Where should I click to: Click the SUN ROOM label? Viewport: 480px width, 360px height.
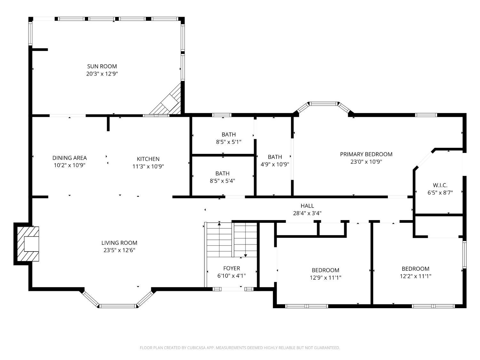click(x=102, y=66)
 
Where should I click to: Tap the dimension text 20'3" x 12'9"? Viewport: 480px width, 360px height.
click(x=102, y=74)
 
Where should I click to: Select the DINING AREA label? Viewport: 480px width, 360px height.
click(x=69, y=158)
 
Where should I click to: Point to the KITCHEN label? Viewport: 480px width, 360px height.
click(x=148, y=159)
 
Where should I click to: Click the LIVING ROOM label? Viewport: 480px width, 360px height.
click(x=119, y=243)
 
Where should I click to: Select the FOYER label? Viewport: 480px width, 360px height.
click(x=232, y=268)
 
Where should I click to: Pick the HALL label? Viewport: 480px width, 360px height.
click(x=307, y=206)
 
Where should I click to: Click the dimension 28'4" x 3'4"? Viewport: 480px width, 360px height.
click(x=307, y=213)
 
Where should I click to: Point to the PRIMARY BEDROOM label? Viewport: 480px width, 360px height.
click(x=366, y=154)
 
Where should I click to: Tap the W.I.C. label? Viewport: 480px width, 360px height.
click(x=440, y=185)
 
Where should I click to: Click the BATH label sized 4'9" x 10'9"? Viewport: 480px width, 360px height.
click(x=275, y=157)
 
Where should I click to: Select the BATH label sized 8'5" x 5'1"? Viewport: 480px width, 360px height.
click(x=229, y=134)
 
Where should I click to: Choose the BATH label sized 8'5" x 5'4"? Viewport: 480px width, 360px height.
click(x=222, y=173)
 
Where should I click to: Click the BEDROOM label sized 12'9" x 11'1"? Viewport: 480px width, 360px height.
click(x=325, y=270)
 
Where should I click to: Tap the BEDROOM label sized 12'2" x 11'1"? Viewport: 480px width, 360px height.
click(x=415, y=268)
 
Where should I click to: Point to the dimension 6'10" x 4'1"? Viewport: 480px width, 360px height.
click(x=232, y=276)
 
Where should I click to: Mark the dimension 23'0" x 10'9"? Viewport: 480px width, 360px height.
click(x=366, y=162)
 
